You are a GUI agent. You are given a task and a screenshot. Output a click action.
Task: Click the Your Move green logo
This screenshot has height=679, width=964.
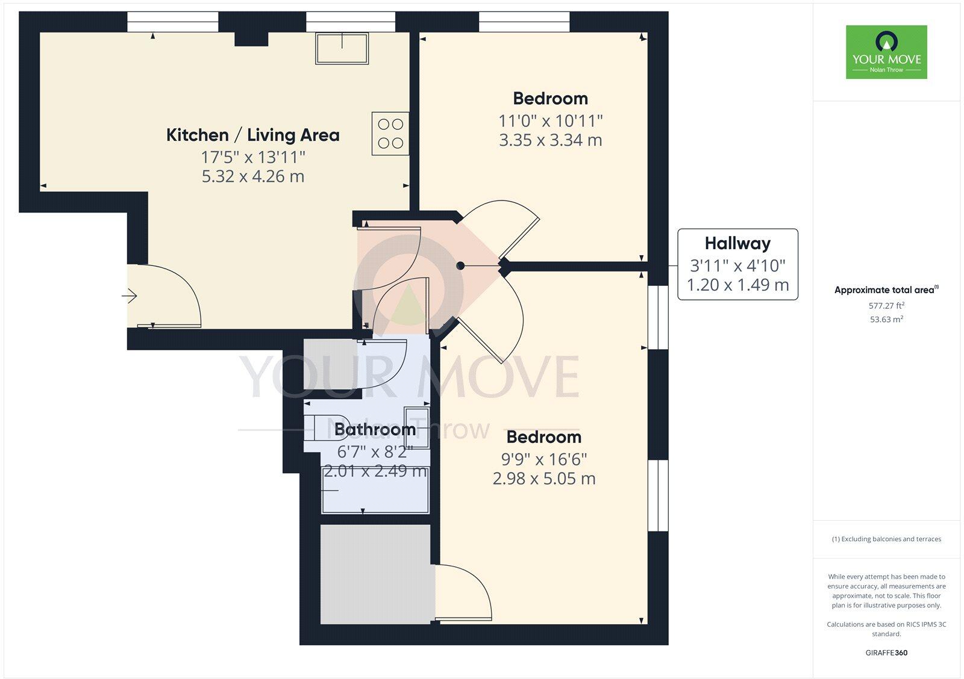point(886,52)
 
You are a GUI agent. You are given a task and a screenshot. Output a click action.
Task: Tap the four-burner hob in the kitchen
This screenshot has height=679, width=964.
point(390,134)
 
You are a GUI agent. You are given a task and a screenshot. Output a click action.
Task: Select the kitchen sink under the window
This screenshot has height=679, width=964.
point(342,48)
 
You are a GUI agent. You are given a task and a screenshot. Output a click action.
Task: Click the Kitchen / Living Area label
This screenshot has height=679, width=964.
point(252,135)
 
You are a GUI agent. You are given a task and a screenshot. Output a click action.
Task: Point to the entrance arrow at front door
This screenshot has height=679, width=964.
point(130,296)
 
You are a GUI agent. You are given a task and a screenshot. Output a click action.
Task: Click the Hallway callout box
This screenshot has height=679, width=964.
point(737,264)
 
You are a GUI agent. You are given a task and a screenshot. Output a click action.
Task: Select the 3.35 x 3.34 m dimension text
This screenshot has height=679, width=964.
point(550,140)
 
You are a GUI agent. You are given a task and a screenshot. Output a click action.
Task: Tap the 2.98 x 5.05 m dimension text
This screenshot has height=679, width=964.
point(543,479)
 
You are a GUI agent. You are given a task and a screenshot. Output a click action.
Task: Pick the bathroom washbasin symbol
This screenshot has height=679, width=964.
point(416,427)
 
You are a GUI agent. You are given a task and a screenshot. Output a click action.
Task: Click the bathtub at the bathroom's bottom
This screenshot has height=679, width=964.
point(375,492)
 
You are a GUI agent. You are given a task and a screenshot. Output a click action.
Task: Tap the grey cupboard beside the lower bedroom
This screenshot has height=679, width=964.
point(375,574)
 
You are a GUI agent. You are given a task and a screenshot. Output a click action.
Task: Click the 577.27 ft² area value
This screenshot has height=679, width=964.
point(886,306)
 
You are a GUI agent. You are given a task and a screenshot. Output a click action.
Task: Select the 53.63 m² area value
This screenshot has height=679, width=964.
point(886,320)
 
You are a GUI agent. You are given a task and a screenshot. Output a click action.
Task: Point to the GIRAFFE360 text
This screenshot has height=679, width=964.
point(886,653)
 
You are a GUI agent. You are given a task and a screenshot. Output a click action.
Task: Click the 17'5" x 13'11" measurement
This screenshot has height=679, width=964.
point(252,157)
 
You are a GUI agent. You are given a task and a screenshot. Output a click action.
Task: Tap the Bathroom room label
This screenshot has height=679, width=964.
point(375,429)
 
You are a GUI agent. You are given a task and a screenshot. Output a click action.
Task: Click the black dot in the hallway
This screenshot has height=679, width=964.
point(460,265)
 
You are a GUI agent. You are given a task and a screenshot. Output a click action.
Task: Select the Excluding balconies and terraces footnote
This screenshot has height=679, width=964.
point(886,539)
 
